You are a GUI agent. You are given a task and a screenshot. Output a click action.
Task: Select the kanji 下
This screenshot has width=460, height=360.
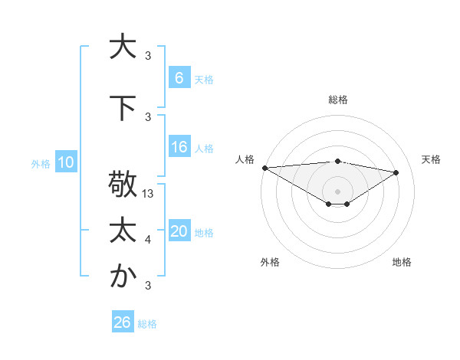123,109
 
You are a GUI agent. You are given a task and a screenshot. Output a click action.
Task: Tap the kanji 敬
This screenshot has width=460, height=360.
123,185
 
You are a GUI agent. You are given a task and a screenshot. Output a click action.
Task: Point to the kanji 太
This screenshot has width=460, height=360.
123,230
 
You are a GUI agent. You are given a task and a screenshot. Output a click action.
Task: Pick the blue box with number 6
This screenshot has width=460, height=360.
179,78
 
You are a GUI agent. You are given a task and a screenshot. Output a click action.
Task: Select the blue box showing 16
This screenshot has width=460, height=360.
179,148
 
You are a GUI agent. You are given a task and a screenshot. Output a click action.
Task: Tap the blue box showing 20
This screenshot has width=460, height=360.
179,231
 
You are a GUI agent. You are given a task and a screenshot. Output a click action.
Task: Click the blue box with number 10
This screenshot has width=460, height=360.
65,162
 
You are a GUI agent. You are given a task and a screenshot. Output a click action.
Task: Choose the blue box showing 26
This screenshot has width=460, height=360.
123,323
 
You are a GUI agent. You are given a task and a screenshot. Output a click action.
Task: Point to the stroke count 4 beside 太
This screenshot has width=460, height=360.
148,240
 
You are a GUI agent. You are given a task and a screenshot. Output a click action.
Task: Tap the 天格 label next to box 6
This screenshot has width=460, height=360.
204,79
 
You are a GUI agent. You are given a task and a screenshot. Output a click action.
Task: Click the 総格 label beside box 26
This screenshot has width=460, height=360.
147,324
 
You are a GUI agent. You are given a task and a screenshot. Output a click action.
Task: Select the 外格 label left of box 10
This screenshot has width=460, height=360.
40,163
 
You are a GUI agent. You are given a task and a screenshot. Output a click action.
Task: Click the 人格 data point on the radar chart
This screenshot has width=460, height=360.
264,168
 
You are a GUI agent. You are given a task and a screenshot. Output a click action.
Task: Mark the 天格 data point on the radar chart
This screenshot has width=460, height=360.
396,173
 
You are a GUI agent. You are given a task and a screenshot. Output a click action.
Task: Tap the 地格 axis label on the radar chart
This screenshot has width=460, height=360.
402,262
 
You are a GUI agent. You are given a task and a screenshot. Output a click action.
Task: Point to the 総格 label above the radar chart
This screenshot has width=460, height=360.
338,100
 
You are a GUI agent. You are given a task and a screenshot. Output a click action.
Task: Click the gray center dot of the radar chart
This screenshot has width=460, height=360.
337,190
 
